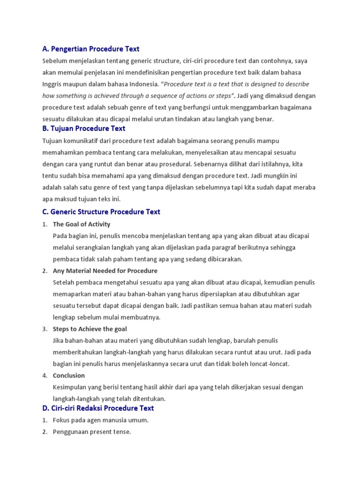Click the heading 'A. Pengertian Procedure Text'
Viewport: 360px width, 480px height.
click(x=90, y=49)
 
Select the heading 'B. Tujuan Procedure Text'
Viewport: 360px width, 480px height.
click(x=84, y=128)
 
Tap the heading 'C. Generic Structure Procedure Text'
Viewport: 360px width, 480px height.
click(x=101, y=212)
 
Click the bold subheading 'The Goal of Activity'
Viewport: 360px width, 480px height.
click(x=82, y=224)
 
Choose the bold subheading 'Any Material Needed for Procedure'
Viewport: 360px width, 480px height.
click(x=105, y=271)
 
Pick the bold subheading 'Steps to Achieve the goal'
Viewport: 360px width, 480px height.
click(x=90, y=329)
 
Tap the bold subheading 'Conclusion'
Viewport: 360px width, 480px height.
click(x=69, y=375)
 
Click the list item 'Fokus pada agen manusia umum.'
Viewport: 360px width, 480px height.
click(x=101, y=420)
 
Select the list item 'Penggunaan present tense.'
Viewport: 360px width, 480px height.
click(x=92, y=432)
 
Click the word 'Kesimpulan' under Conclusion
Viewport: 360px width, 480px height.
click(x=71, y=387)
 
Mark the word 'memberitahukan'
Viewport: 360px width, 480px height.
click(x=78, y=352)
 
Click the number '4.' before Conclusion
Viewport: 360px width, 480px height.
click(x=45, y=375)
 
